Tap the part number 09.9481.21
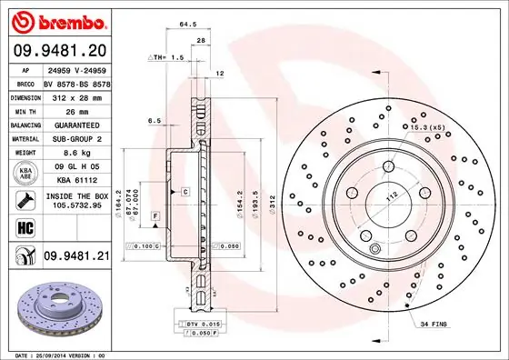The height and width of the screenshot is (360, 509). [77, 257]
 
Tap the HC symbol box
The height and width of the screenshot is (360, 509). [23, 226]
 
